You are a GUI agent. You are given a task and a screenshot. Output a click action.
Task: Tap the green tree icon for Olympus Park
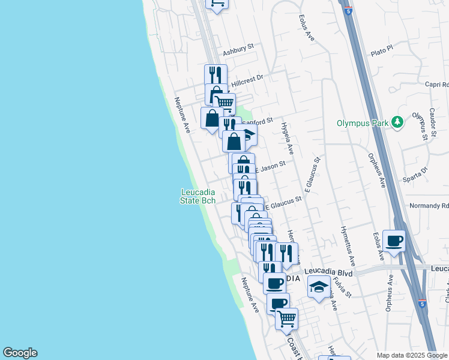[x=397, y=122]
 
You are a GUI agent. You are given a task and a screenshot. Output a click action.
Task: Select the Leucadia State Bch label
[x=198, y=196]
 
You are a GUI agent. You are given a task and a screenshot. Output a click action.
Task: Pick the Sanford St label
[x=259, y=121]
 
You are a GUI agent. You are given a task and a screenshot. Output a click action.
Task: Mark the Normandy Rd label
[x=429, y=205]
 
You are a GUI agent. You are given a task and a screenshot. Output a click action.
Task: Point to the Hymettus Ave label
[x=348, y=245]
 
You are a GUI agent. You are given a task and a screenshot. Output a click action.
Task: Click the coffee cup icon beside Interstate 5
[x=394, y=241]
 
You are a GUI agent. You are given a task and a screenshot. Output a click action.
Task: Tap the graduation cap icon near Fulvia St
[x=319, y=287]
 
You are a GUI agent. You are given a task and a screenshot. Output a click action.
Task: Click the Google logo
[x=20, y=353]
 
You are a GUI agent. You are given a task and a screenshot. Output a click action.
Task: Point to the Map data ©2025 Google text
[x=412, y=355]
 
